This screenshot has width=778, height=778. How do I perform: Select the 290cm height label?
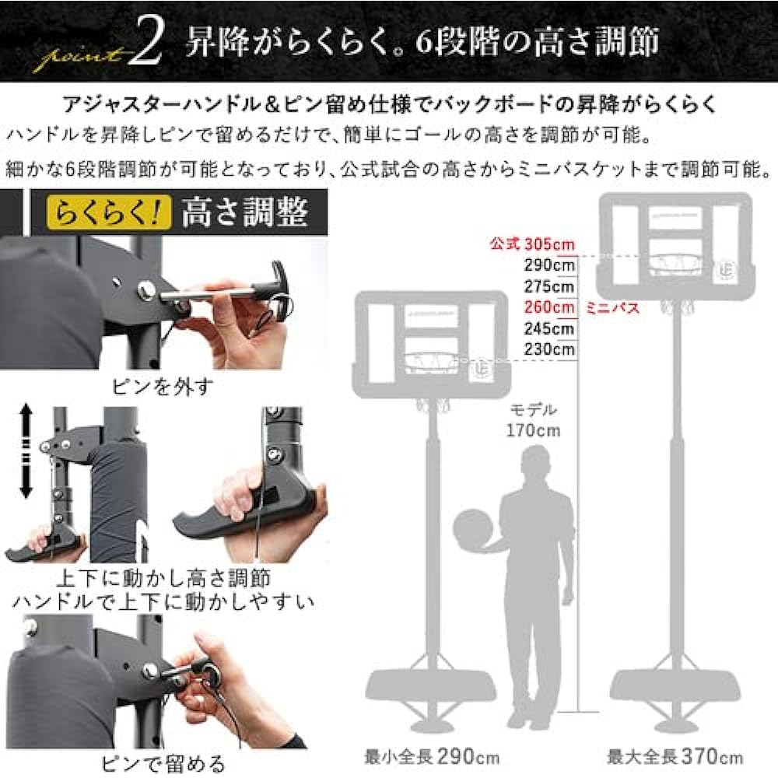[548, 265]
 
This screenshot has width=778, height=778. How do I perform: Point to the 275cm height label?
[548, 286]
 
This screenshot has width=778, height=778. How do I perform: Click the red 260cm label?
[548, 308]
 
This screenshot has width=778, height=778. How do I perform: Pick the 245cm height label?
[548, 329]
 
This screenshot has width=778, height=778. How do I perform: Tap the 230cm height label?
[548, 350]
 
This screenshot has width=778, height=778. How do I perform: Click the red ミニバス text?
[613, 308]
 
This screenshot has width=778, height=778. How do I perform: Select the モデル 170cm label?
[534, 419]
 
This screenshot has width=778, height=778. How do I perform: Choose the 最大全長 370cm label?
[675, 755]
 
